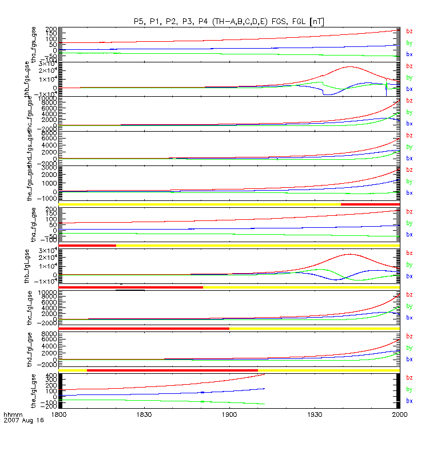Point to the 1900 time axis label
click(229, 413)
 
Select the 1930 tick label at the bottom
click(314, 413)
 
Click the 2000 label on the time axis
click(399, 413)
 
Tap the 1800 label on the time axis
click(59, 413)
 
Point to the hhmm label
click(12, 413)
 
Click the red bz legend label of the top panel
click(409, 31)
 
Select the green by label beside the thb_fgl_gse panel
click(409, 264)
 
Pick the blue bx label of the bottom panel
click(409, 400)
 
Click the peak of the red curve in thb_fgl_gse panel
click(348, 254)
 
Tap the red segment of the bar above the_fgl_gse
click(172, 370)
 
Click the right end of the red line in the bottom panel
click(264, 374)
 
